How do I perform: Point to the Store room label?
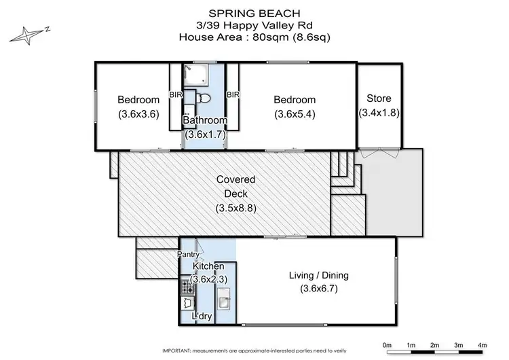pyautogui.click(x=378, y=98)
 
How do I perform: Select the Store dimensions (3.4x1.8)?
pyautogui.click(x=378, y=113)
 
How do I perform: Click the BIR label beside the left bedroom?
pyautogui.click(x=175, y=95)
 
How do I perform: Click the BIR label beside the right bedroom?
pyautogui.click(x=233, y=95)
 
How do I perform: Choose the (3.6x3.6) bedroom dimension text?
pyautogui.click(x=138, y=114)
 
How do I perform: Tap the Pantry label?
pyautogui.click(x=188, y=255)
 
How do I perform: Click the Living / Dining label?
pyautogui.click(x=319, y=275)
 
